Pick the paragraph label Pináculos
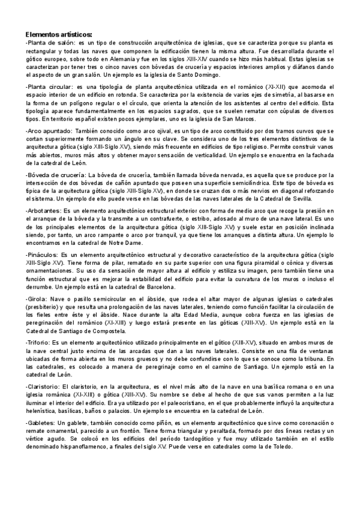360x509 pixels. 44,254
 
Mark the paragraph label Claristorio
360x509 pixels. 44,385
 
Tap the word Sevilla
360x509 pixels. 313,198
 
